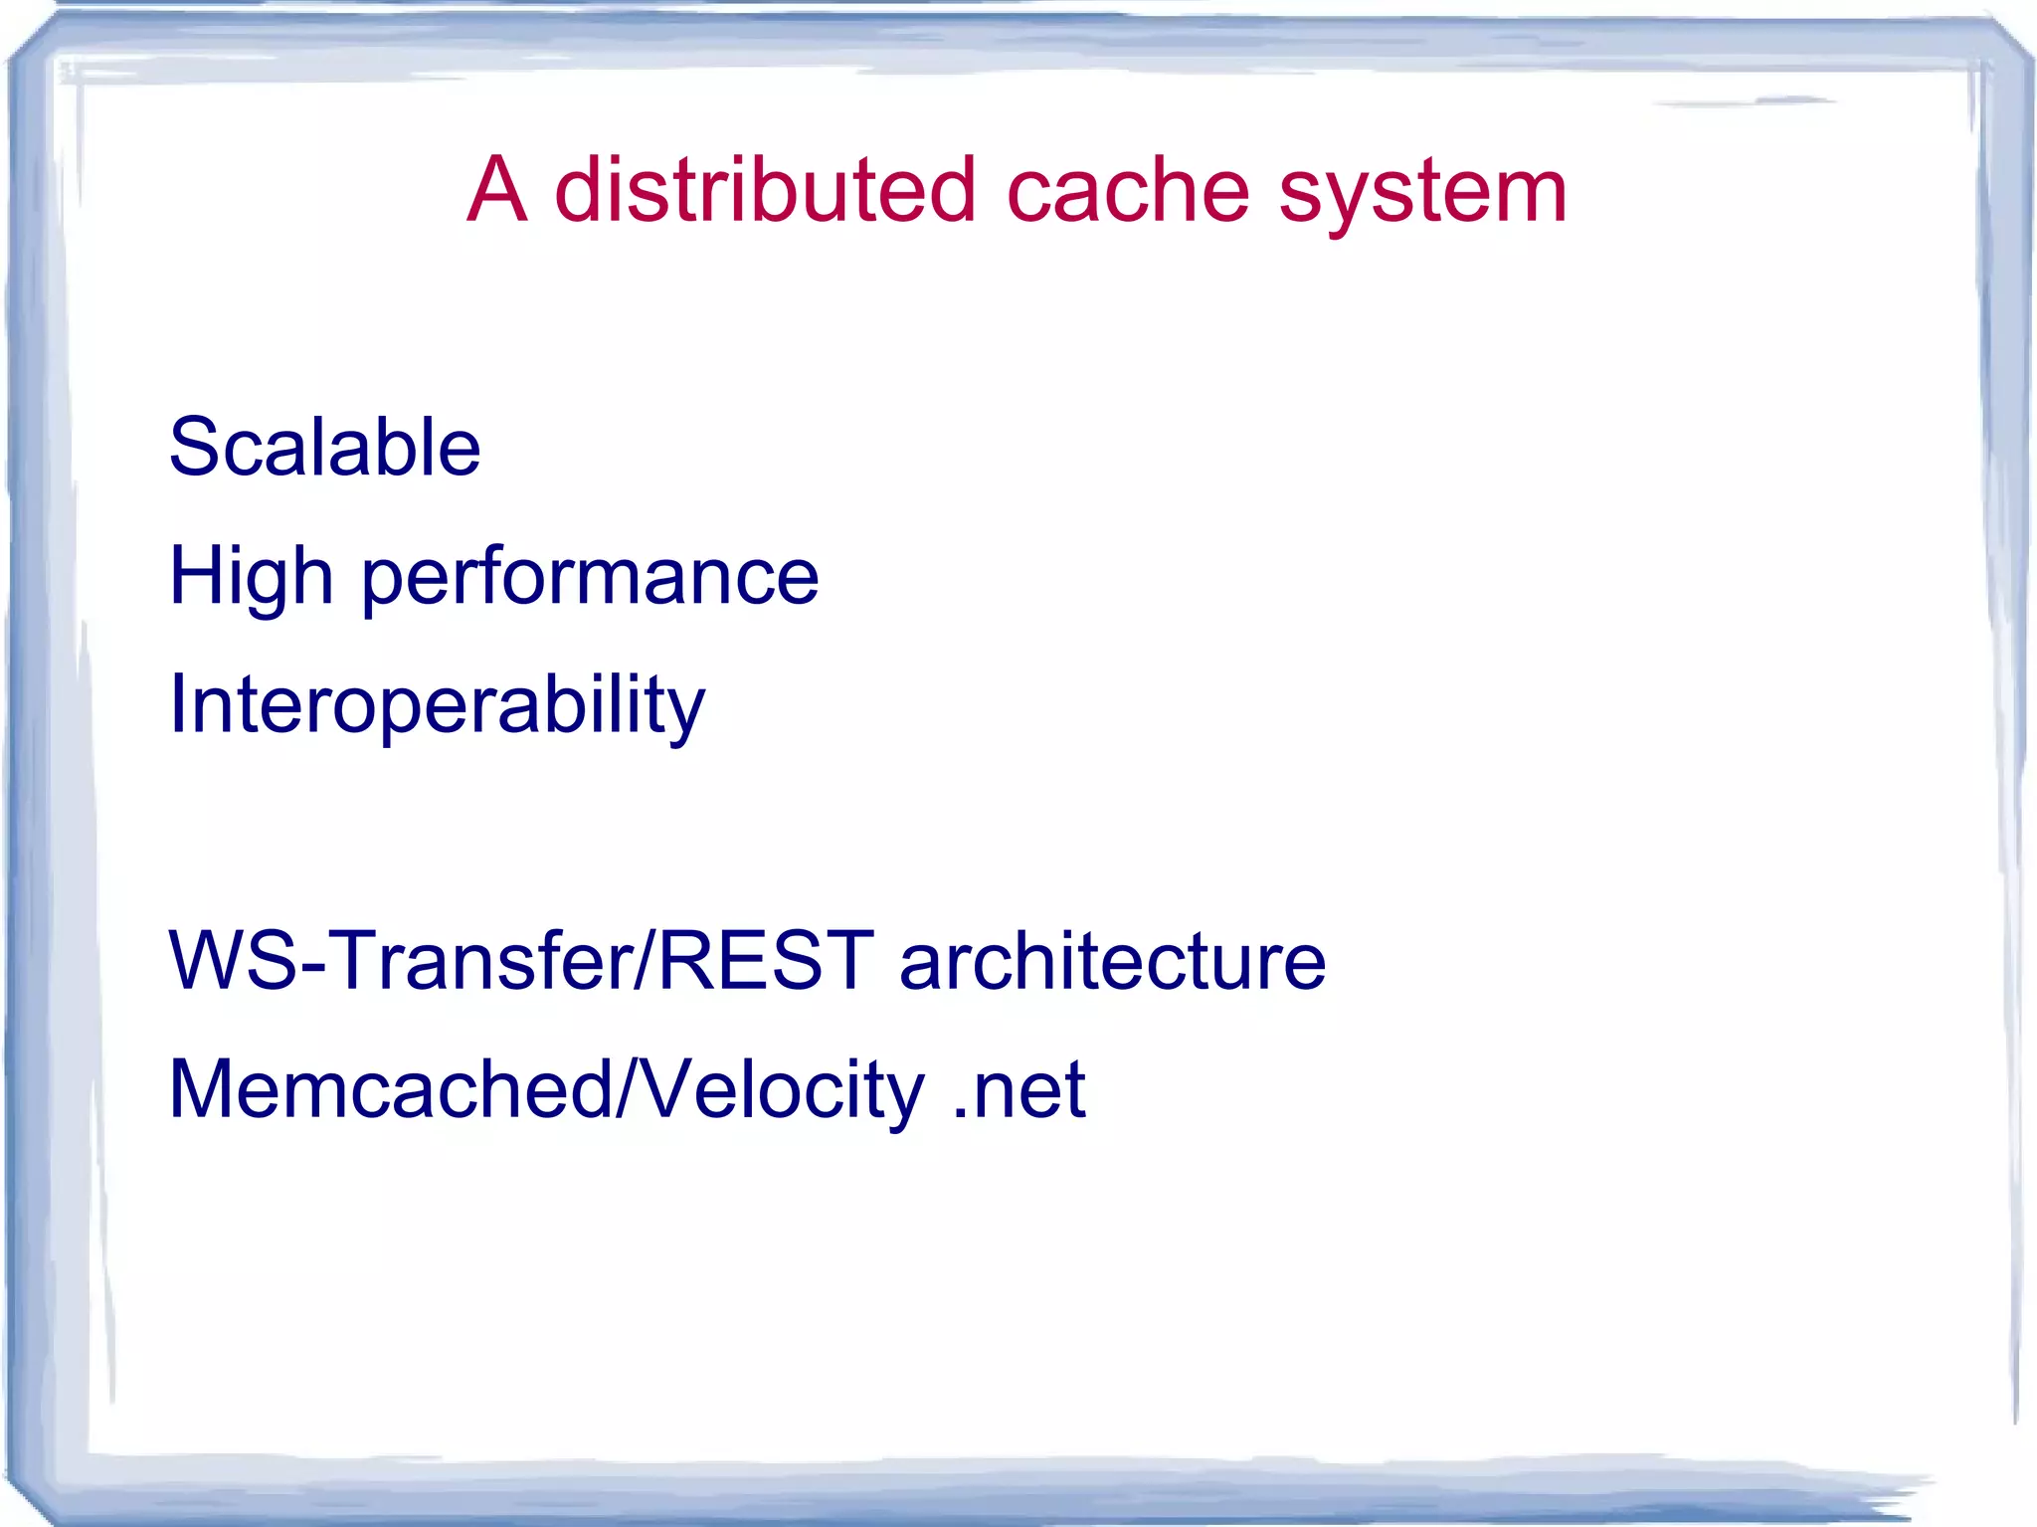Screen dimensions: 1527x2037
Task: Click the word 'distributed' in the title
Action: (764, 190)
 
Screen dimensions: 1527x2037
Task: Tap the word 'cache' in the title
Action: (1127, 190)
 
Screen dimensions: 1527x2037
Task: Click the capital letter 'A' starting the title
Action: (495, 190)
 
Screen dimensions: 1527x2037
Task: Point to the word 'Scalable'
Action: (324, 447)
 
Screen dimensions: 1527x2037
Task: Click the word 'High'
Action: (251, 577)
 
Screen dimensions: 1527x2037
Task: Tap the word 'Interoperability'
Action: (437, 705)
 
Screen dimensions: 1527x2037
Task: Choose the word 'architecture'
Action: (1112, 960)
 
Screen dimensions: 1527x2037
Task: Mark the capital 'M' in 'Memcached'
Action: (208, 1089)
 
